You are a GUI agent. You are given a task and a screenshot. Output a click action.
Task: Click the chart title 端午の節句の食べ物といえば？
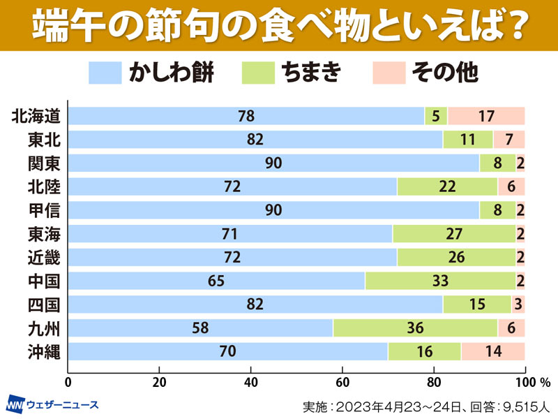279,25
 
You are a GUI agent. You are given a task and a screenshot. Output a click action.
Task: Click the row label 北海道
36,116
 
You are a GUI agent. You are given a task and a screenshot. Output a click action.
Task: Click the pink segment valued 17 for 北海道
485,116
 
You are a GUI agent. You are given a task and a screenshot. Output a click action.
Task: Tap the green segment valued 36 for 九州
415,328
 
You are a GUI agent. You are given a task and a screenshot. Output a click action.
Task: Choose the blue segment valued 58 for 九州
201,328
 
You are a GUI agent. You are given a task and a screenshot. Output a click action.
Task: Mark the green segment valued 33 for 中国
440,281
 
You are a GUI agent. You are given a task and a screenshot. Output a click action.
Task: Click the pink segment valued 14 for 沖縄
492,351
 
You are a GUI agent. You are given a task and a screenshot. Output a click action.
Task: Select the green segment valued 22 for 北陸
447,186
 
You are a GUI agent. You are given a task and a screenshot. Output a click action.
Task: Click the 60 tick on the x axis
342,383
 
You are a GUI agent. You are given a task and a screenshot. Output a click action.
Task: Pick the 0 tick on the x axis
68,383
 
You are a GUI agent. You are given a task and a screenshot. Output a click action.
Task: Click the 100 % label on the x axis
532,383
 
